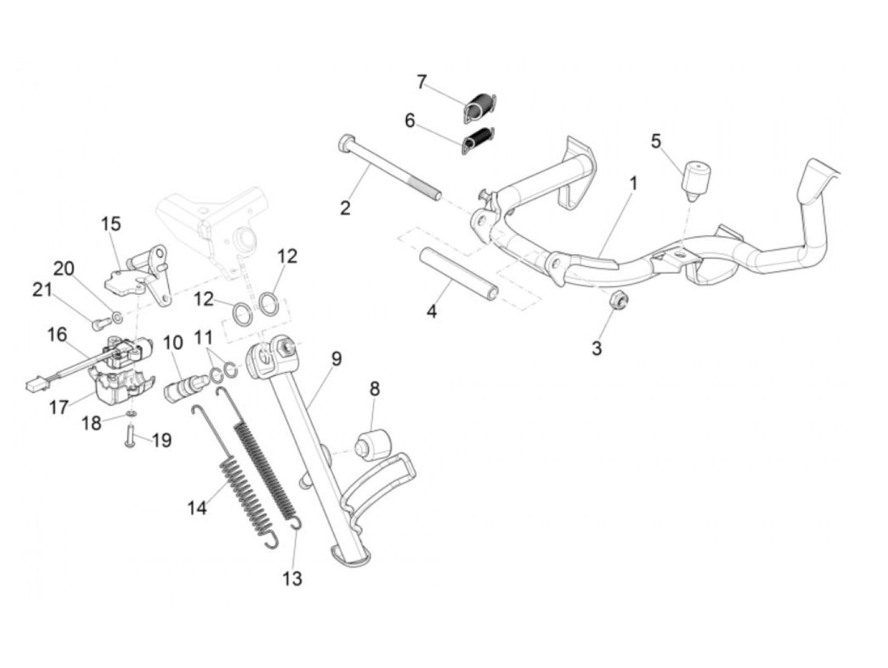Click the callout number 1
tap(633, 184)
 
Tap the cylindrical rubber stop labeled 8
tap(374, 443)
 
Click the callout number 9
tap(336, 359)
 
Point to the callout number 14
tap(197, 508)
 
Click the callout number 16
tap(57, 334)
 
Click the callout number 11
tap(204, 337)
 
